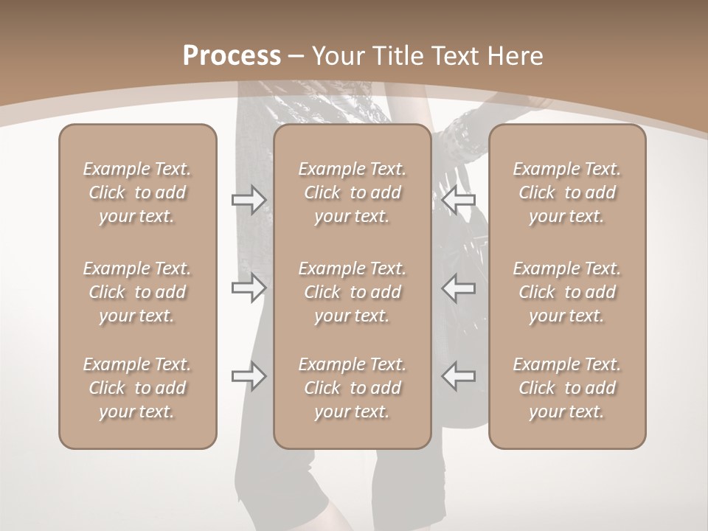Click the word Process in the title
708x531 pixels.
(232, 56)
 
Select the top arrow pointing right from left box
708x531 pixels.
(249, 200)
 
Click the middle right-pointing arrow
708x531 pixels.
(249, 288)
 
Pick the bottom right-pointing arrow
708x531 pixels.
(249, 375)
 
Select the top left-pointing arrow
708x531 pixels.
(458, 200)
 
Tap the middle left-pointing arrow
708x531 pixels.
(458, 288)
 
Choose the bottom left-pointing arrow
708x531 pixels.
(458, 375)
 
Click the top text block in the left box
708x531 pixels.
(137, 192)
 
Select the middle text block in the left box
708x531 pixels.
(137, 292)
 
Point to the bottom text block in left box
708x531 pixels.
(137, 388)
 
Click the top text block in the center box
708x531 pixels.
(353, 192)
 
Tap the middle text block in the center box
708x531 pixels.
(353, 292)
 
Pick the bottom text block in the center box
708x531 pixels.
(353, 388)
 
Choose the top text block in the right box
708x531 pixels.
(567, 192)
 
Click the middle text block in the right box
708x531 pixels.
(567, 292)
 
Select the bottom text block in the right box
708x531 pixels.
(567, 388)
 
